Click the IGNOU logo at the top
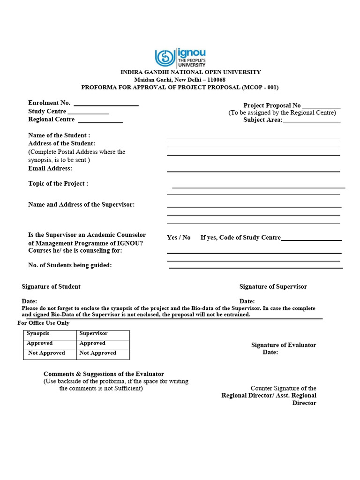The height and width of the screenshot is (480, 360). pos(180,57)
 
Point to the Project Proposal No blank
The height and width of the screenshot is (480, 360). pos(321,107)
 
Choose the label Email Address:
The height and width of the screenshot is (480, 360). pos(50,168)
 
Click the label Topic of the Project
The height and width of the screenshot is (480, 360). pos(58,184)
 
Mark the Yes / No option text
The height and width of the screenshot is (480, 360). pos(179,238)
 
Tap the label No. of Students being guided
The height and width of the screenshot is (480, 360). pos(70,265)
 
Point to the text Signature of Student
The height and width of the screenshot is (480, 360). pos(51,286)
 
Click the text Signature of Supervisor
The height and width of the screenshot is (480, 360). pos(273,286)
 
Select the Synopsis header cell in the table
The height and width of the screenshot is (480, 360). pos(38,333)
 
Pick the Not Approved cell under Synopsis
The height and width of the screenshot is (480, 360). pos(46,353)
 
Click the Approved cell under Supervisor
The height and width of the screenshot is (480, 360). pos(92,343)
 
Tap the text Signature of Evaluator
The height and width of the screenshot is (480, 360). pos(284,345)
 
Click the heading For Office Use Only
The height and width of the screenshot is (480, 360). pos(44,323)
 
